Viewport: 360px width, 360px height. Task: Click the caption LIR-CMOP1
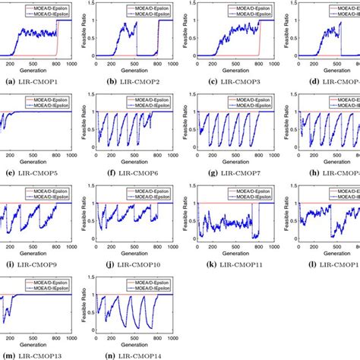click(32, 81)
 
